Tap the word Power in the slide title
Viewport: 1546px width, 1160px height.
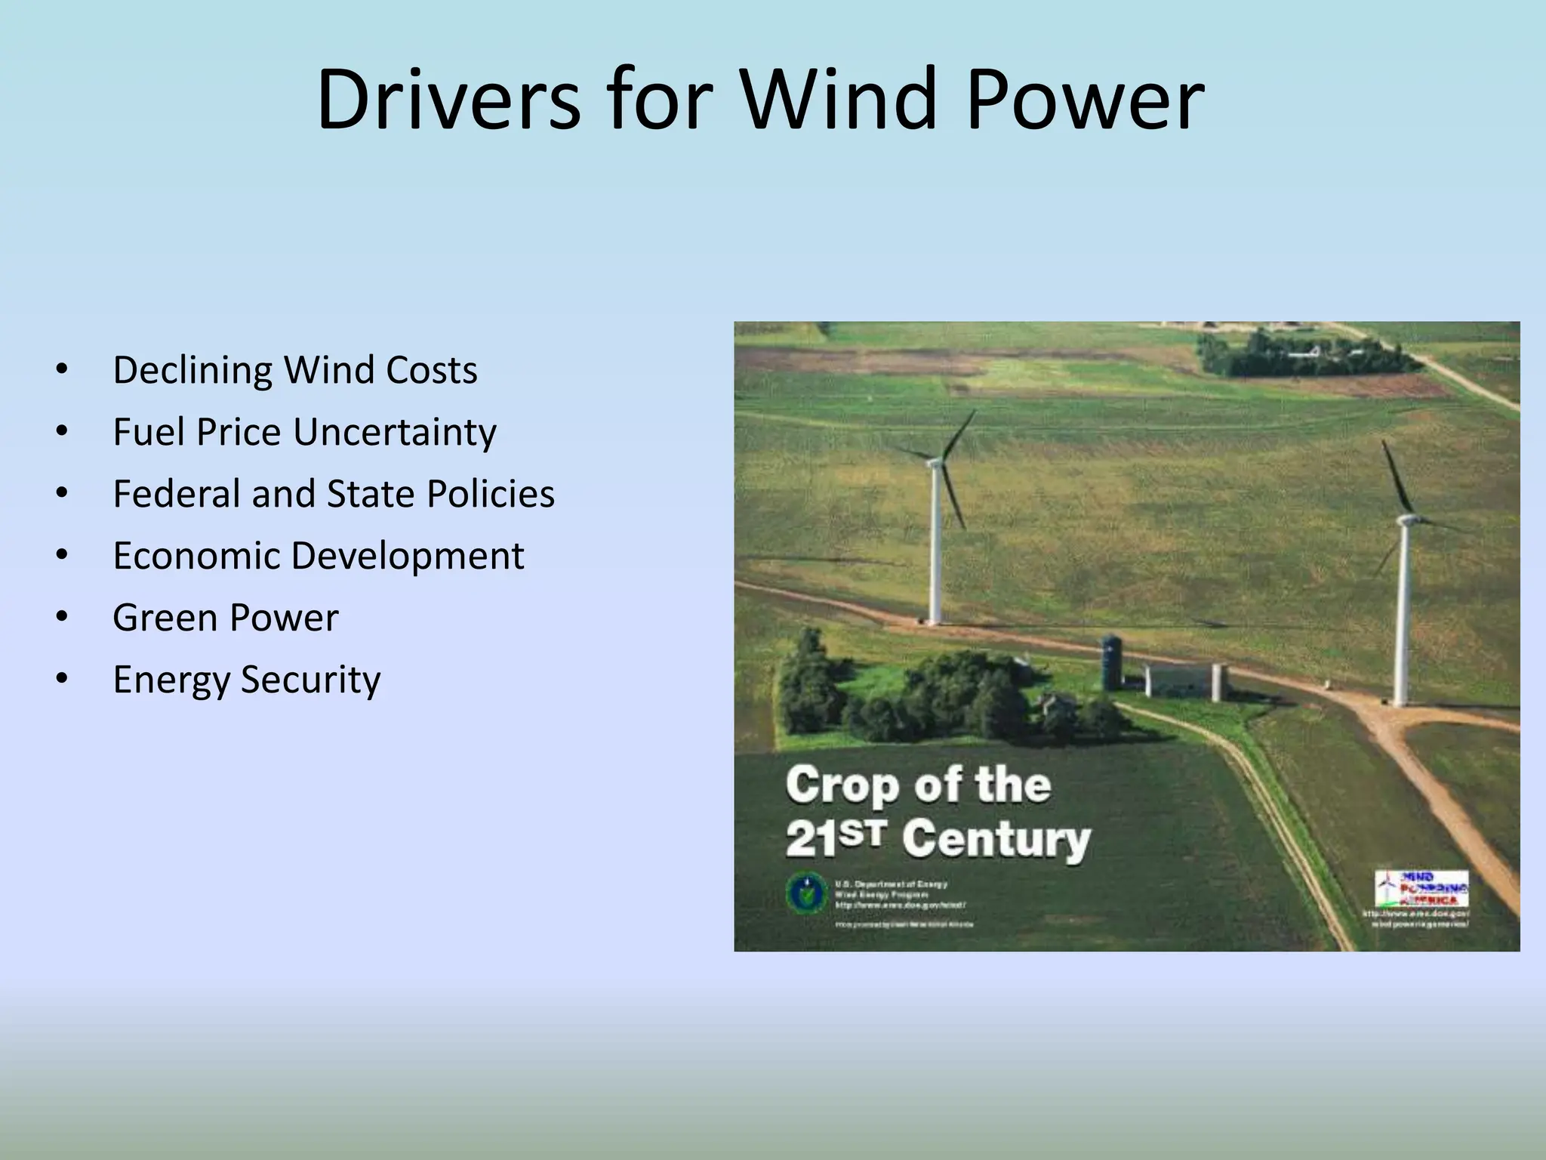click(1085, 100)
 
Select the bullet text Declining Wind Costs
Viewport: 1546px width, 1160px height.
click(294, 370)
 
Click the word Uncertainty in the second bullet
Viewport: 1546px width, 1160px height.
click(394, 433)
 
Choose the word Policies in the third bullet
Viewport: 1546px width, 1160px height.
click(490, 494)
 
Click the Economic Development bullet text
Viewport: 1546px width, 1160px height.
click(318, 556)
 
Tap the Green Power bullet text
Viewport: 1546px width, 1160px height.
click(225, 618)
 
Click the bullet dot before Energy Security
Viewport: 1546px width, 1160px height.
click(62, 679)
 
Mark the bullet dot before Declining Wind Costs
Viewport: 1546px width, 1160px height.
click(62, 369)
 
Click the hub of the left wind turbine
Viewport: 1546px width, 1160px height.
click(936, 461)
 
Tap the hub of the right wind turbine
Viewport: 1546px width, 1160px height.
click(1406, 520)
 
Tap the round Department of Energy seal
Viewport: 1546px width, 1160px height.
click(805, 893)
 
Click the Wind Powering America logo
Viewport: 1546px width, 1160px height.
click(1421, 889)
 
